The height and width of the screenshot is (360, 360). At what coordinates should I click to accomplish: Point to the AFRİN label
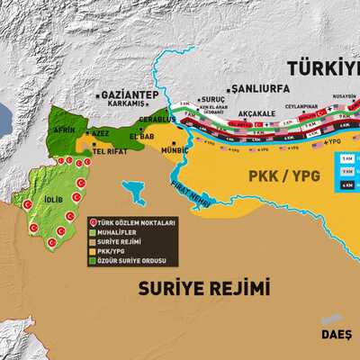click(x=65, y=130)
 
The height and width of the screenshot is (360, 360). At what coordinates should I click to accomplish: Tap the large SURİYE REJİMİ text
click(x=204, y=288)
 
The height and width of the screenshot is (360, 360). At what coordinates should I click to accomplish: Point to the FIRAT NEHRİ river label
click(x=190, y=194)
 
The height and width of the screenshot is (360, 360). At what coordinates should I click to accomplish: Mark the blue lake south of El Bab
click(x=134, y=192)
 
